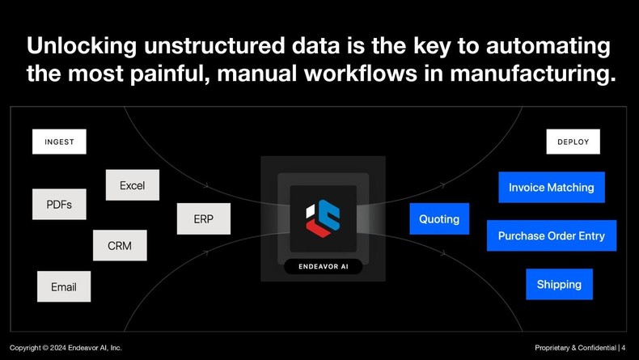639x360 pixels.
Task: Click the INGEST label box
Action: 59,142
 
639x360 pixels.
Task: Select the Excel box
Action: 132,185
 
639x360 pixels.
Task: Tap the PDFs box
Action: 59,205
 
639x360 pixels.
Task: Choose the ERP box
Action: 204,219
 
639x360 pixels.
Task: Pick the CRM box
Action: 120,245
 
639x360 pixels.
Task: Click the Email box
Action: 64,286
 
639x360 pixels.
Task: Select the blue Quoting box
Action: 439,219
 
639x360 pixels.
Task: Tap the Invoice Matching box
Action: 552,187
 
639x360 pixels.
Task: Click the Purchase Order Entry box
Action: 552,235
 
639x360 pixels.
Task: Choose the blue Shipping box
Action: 559,284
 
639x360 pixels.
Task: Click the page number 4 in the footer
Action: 624,347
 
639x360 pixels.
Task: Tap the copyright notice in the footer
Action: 66,347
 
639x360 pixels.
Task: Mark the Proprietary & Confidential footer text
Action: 575,347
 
